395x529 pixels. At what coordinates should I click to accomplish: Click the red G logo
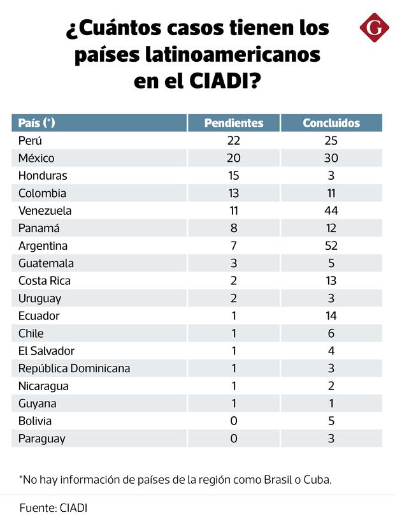click(374, 29)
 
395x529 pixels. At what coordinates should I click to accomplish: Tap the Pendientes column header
click(233, 123)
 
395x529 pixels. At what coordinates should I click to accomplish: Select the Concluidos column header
click(331, 123)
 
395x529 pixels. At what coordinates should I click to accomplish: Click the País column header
click(37, 123)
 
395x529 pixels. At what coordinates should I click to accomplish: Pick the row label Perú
click(30, 141)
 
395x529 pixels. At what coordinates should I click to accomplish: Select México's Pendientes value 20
click(233, 158)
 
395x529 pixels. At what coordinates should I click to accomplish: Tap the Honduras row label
click(43, 176)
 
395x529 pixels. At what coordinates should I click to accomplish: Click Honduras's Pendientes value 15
click(233, 176)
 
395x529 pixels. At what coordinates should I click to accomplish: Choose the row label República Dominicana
click(74, 368)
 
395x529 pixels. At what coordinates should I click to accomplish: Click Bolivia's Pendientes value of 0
click(233, 421)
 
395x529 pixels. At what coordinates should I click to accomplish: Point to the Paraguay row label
click(41, 438)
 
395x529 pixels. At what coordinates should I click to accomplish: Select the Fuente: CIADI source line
click(53, 509)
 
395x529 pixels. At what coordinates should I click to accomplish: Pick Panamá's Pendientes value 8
click(233, 228)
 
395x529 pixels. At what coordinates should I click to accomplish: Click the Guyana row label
click(37, 403)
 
